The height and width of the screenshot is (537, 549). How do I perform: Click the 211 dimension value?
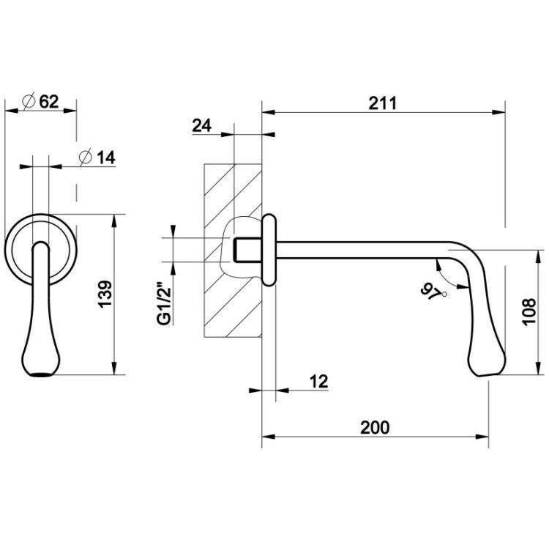click(383, 103)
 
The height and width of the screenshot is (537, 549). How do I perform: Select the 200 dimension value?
click(375, 428)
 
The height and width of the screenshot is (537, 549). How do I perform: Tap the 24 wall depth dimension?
click(202, 126)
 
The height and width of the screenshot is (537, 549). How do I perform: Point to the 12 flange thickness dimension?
click(318, 382)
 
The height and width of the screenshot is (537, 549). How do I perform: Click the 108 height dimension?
click(529, 312)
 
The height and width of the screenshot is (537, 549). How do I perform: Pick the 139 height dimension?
click(105, 294)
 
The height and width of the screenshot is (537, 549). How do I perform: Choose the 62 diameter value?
click(49, 102)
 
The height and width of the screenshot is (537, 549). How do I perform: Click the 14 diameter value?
click(105, 158)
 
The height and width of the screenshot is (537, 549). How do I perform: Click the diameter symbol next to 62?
click(29, 102)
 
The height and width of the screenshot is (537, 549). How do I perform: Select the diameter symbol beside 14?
click(86, 158)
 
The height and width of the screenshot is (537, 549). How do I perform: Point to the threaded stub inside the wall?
click(247, 250)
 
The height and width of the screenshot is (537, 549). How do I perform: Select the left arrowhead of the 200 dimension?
click(267, 437)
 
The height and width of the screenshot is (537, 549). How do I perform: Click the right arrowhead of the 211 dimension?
click(499, 113)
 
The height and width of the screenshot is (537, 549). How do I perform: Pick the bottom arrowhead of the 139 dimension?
click(113, 368)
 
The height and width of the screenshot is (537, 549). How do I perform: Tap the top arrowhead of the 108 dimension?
click(537, 256)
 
